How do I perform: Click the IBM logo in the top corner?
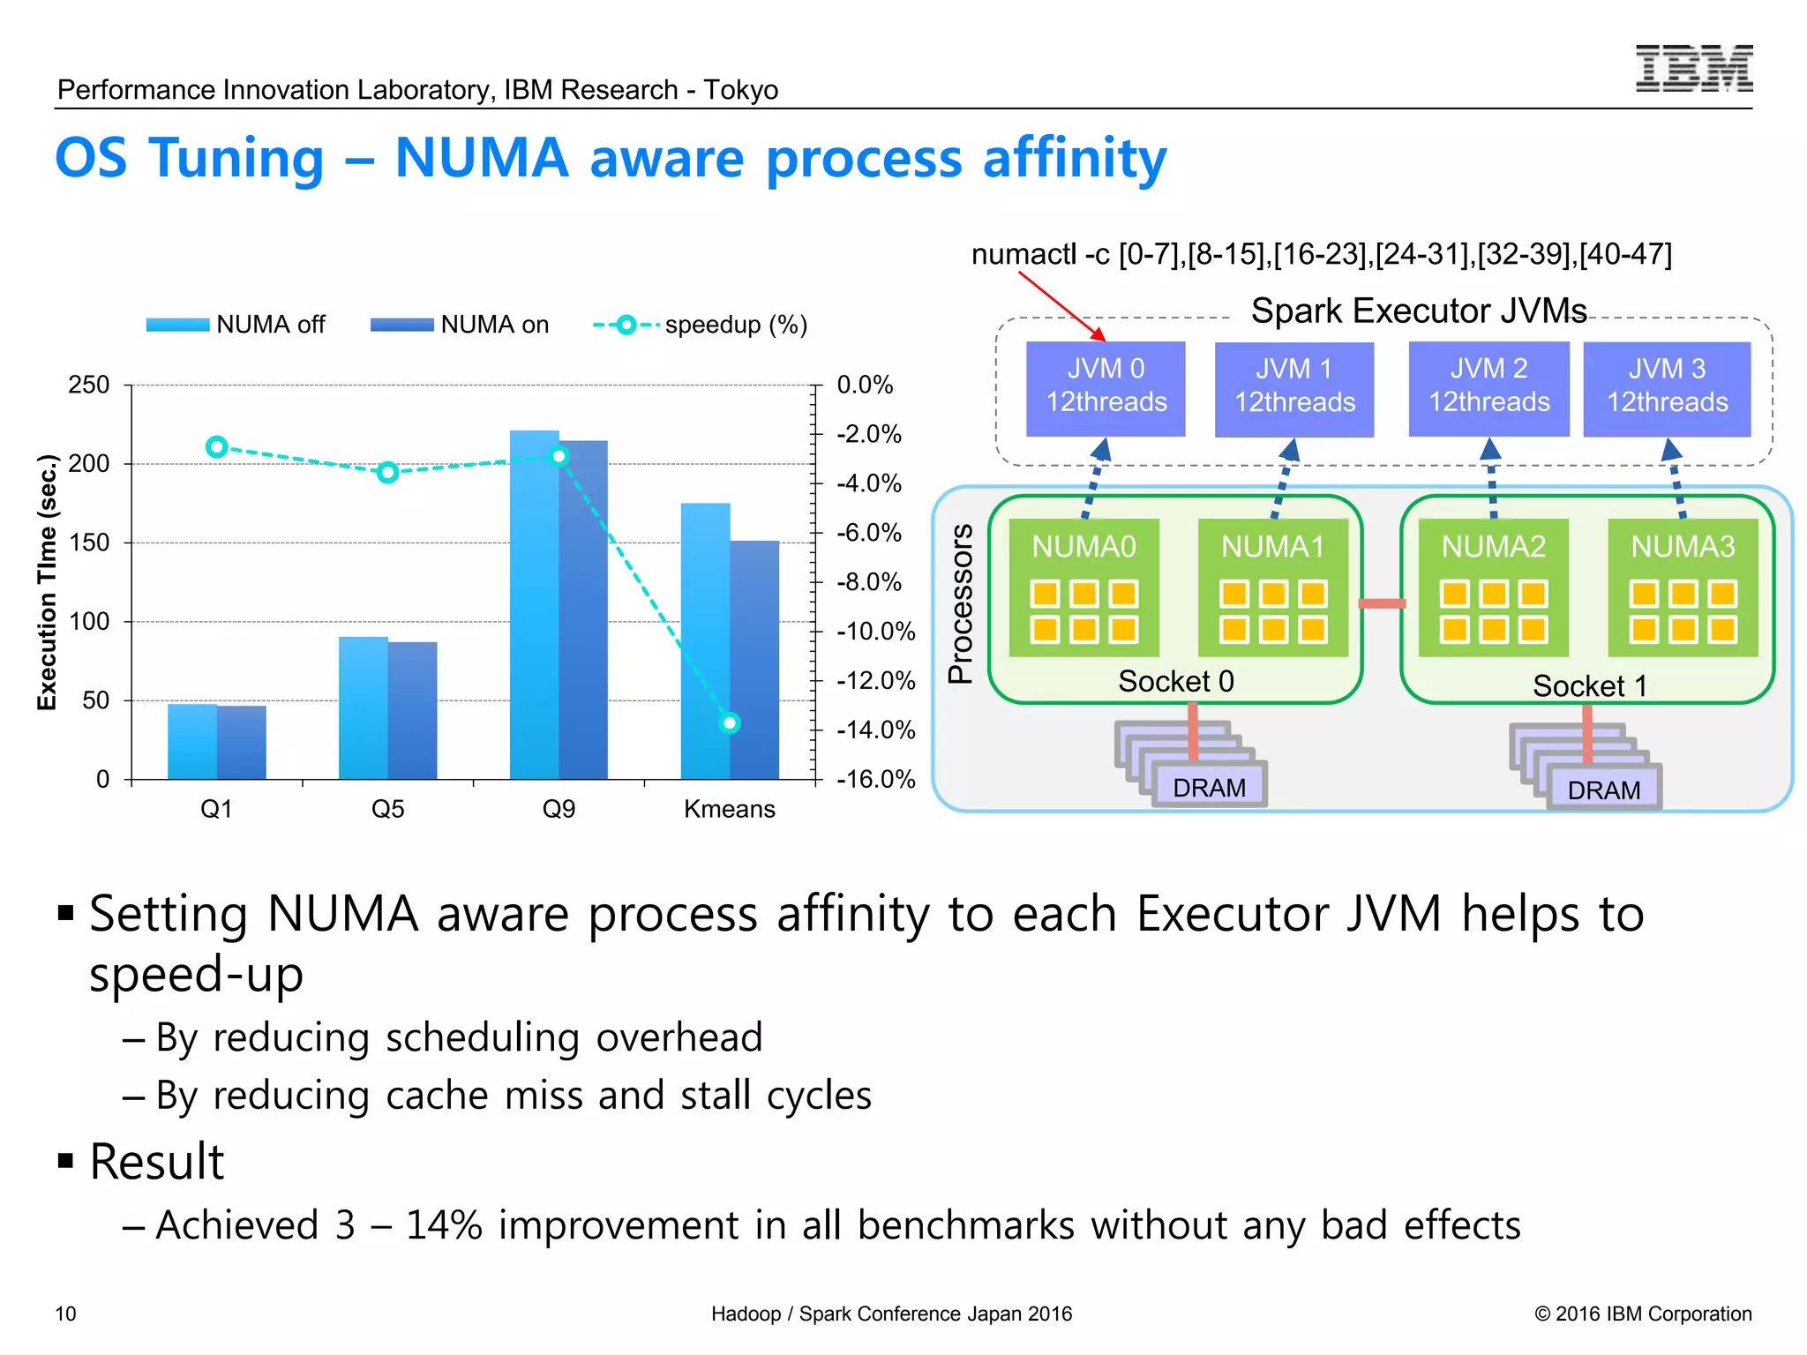point(1693,69)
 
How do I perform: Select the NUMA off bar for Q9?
point(534,609)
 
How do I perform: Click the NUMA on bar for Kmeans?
point(755,662)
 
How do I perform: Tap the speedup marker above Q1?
point(216,447)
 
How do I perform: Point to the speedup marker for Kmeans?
point(730,723)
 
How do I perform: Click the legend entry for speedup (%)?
point(701,326)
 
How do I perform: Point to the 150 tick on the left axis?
point(89,543)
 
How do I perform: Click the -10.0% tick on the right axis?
point(875,632)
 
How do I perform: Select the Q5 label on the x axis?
point(387,809)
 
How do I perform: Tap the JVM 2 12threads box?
point(1488,386)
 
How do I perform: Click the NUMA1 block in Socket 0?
point(1272,587)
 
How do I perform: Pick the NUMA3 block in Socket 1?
point(1682,587)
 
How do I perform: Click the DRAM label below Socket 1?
point(1603,790)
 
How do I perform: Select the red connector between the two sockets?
point(1382,603)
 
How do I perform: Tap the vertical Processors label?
point(959,604)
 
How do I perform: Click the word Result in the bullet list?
point(157,1162)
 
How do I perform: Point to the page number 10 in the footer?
point(65,1314)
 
